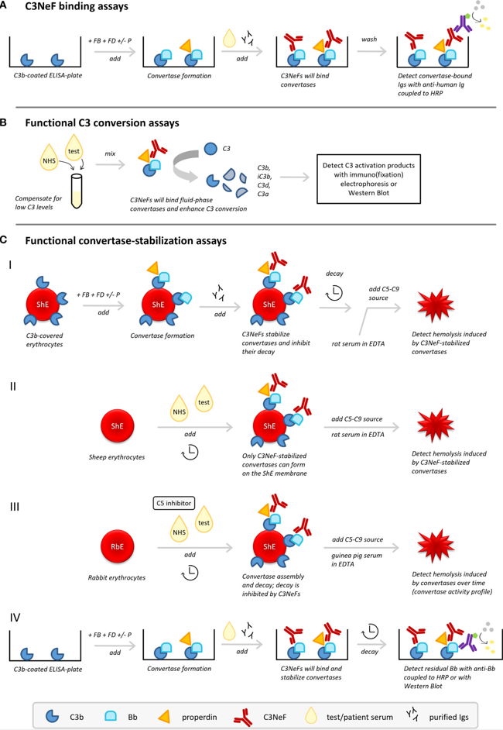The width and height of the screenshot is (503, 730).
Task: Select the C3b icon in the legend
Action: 52,707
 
